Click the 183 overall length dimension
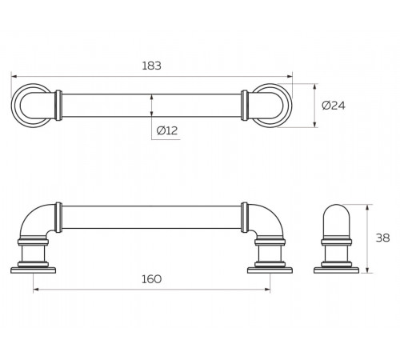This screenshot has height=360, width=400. [x=151, y=66]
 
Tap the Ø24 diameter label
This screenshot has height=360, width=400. [x=334, y=106]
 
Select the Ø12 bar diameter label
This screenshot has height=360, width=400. [x=167, y=130]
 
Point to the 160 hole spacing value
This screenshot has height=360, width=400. [x=151, y=279]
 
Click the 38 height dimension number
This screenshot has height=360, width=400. [x=382, y=238]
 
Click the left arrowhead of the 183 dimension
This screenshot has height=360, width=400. [x=14, y=77]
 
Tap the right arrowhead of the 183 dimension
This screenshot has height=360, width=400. [x=290, y=77]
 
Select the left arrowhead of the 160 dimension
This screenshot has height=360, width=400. [x=36, y=290]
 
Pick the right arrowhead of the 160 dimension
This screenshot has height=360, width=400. [x=267, y=290]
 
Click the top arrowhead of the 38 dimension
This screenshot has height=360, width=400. [x=368, y=207]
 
